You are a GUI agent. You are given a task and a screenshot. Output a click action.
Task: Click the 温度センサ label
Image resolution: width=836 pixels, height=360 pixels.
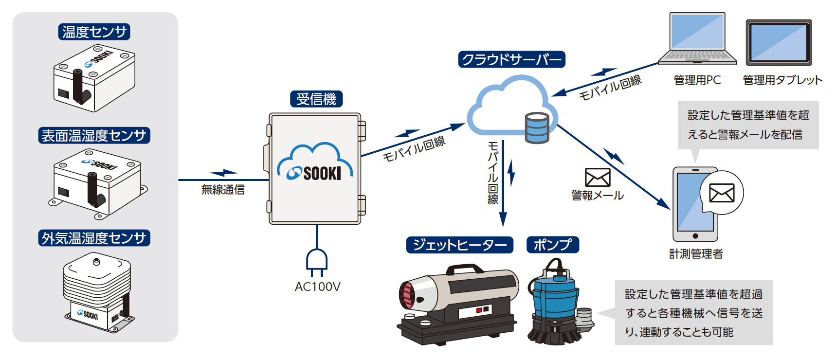pyautogui.click(x=94, y=32)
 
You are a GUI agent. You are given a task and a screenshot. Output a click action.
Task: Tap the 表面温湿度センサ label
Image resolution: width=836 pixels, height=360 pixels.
pyautogui.click(x=94, y=135)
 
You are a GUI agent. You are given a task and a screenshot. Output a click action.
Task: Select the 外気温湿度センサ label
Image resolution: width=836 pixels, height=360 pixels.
pyautogui.click(x=94, y=238)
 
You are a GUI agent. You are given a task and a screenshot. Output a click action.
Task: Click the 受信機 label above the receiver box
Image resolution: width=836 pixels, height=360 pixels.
pyautogui.click(x=316, y=99)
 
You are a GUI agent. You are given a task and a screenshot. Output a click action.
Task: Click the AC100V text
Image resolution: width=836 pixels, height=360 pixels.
pyautogui.click(x=317, y=287)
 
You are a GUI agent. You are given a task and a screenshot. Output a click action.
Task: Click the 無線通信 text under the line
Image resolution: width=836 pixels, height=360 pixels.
pyautogui.click(x=223, y=190)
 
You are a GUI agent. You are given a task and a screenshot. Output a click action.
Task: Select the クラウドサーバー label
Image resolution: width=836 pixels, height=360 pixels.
pyautogui.click(x=511, y=59)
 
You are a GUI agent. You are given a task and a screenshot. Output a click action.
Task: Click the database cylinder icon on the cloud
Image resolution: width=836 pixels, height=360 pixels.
pyautogui.click(x=537, y=128)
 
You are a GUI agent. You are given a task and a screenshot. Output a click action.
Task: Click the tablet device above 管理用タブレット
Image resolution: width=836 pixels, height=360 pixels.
pyautogui.click(x=779, y=42)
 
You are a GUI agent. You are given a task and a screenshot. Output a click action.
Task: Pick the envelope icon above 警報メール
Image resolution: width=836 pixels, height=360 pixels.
pyautogui.click(x=598, y=178)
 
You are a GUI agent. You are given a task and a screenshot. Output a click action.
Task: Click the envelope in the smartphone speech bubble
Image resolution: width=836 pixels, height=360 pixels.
pyautogui.click(x=722, y=193)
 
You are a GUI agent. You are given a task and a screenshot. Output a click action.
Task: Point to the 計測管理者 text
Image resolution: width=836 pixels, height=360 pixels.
pyautogui.click(x=696, y=254)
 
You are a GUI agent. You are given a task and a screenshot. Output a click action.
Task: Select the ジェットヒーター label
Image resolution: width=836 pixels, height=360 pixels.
pyautogui.click(x=459, y=245)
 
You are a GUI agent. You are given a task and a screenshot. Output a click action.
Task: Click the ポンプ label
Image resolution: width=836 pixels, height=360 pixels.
pyautogui.click(x=553, y=245)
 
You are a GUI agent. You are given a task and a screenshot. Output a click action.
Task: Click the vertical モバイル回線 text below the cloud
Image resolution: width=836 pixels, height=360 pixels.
pyautogui.click(x=493, y=173)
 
